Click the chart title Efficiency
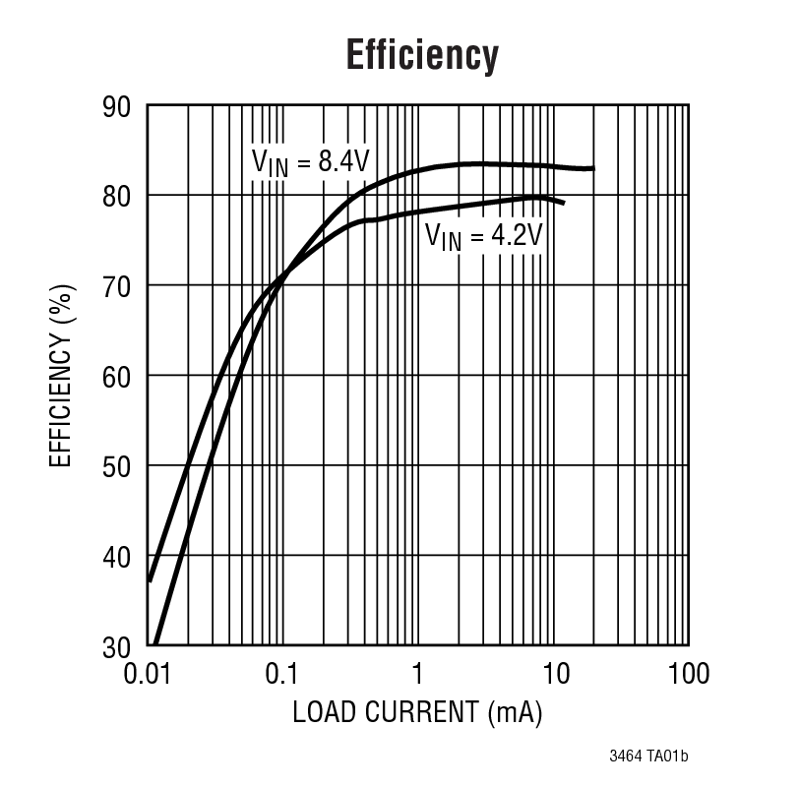point(422,56)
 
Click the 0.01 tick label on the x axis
point(149,674)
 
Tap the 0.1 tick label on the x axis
point(282,674)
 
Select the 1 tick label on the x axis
point(418,674)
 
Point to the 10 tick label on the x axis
point(554,674)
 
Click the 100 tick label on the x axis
point(688,674)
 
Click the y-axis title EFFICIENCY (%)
point(61,376)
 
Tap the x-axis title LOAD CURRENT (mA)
point(418,711)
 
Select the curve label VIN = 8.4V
point(310,162)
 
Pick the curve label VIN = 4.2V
point(483,237)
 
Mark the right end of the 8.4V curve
point(593,168)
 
